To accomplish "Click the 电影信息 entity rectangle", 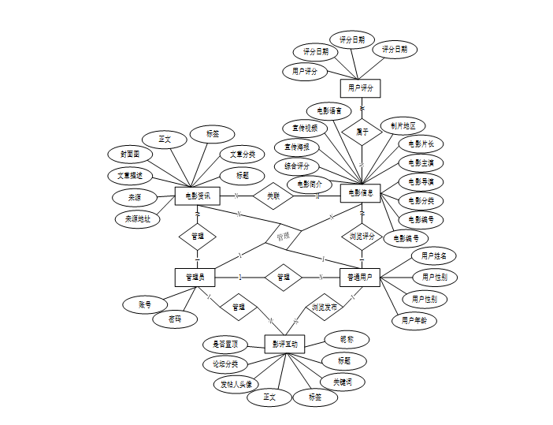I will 361,192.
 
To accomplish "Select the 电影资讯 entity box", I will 197,196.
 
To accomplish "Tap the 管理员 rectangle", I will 195,277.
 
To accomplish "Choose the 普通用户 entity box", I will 361,277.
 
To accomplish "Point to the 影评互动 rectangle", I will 285,344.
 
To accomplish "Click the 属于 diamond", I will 362,132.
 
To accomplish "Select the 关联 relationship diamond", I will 273,195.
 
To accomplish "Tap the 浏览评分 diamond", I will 362,236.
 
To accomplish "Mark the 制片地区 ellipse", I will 403,125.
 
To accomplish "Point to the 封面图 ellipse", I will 130,155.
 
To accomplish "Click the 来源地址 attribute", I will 138,219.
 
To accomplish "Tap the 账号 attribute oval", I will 145,304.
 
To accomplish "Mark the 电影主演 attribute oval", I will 421,162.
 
